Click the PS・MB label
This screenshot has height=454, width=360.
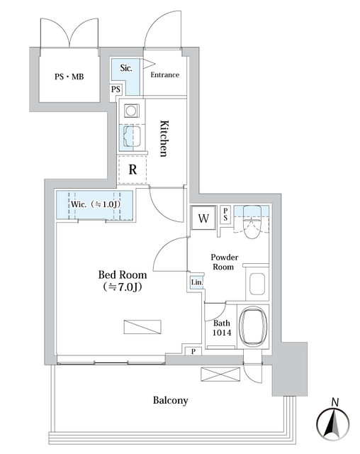coord(69,76)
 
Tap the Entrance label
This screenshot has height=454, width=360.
coord(164,75)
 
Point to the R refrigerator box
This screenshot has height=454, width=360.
coord(132,170)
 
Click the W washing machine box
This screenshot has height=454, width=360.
coord(203,218)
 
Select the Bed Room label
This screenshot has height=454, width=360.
coord(122,280)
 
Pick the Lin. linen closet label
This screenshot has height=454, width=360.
coord(196,284)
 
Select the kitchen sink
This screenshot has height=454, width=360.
coord(131,135)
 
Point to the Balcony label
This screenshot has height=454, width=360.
coord(171,401)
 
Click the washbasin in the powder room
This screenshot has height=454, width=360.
coord(257,284)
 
